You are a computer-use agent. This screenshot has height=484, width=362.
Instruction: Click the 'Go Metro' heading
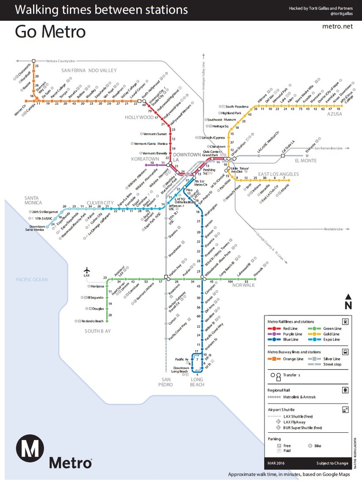(50, 32)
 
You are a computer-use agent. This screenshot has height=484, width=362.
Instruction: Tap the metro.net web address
(338, 27)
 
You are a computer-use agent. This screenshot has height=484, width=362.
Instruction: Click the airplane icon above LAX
(87, 270)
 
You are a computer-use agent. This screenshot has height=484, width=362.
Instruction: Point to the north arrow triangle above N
(348, 297)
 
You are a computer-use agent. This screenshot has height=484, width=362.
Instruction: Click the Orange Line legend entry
(293, 359)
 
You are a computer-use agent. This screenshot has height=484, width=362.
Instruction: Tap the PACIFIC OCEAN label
(31, 280)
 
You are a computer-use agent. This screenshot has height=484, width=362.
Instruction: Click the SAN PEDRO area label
(166, 382)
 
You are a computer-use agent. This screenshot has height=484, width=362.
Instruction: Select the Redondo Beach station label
(94, 321)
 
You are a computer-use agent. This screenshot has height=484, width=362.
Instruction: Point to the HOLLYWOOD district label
(139, 118)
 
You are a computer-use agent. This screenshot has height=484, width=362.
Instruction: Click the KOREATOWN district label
(145, 159)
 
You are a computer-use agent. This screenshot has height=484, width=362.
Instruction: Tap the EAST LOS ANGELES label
(278, 174)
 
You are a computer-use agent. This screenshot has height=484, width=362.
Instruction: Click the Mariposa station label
(97, 286)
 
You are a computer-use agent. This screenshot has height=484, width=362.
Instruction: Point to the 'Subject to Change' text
(329, 463)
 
